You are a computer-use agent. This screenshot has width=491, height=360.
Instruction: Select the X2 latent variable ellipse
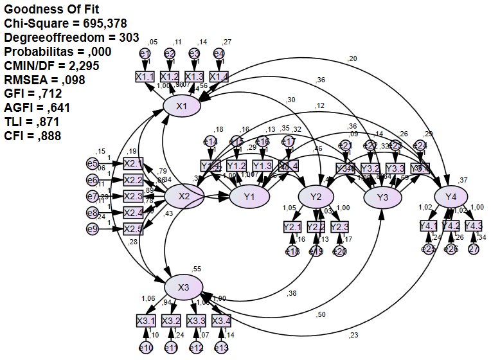tap(184, 196)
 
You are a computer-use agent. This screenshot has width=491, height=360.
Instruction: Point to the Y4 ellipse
tap(451, 196)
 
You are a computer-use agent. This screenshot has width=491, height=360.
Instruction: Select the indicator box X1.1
tap(145, 76)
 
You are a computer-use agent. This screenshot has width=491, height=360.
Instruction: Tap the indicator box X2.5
tap(133, 229)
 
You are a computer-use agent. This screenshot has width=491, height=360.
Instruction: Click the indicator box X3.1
tap(146, 320)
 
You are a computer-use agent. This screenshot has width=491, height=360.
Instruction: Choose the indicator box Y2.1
tap(292, 227)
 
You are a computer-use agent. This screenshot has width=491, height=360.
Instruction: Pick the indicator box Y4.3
tap(473, 226)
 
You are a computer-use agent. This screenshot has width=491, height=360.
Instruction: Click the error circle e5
tap(93, 163)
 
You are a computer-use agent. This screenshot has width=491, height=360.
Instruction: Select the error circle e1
tap(145, 53)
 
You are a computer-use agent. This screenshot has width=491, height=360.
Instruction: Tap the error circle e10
tap(146, 348)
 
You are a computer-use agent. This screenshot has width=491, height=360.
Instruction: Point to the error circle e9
tap(93, 229)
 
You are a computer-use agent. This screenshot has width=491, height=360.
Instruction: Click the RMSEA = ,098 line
tap(44, 80)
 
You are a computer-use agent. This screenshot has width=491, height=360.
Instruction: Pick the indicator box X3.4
tap(221, 320)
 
